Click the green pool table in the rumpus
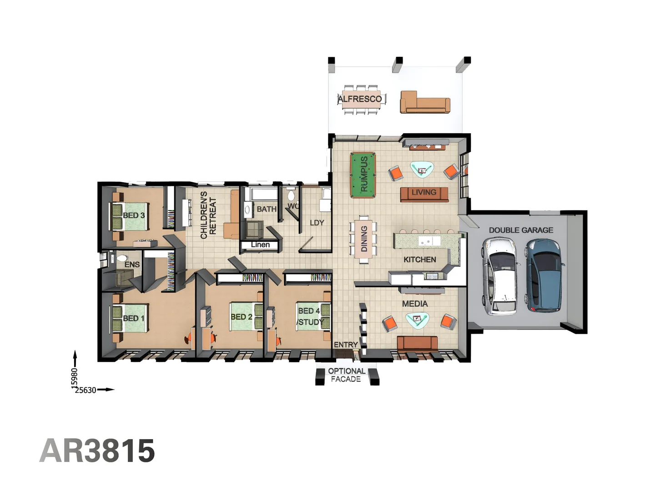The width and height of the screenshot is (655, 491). pos(363,175)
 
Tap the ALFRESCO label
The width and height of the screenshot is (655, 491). pos(360,99)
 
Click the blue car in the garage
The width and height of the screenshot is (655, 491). pos(545,276)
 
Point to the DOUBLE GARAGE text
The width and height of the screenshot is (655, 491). pos(521,230)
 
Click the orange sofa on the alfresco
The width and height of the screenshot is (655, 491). pos(424,102)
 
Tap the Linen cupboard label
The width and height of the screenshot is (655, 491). pos(260,245)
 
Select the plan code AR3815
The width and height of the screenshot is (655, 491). pos(97,451)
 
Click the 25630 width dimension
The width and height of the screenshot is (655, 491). pos(86,390)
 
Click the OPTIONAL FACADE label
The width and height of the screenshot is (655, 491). pos(347,375)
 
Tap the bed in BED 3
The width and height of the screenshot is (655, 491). pos(129,216)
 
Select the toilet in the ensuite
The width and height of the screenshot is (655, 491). pos(121,260)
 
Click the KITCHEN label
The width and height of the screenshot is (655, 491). pos(419,260)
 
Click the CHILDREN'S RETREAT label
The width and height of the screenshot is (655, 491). pos(208,215)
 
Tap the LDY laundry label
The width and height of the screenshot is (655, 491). pos(317,223)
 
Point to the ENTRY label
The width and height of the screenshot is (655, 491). pos(346,345)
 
